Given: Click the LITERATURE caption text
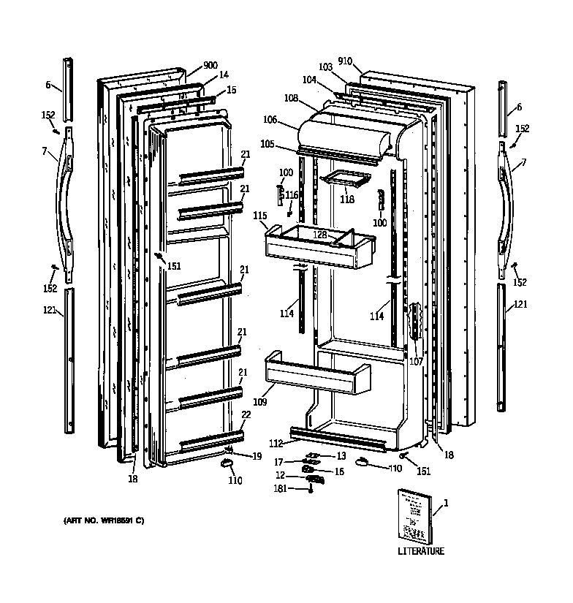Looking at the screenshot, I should [420, 551].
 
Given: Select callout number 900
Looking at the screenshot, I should [210, 65].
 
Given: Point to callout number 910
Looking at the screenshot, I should [345, 61].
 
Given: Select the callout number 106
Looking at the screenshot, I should [270, 119].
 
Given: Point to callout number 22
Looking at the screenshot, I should [246, 414].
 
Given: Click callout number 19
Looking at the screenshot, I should [257, 456].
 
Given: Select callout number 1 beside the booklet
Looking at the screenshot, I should [446, 503].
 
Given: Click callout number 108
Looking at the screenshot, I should [291, 97].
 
